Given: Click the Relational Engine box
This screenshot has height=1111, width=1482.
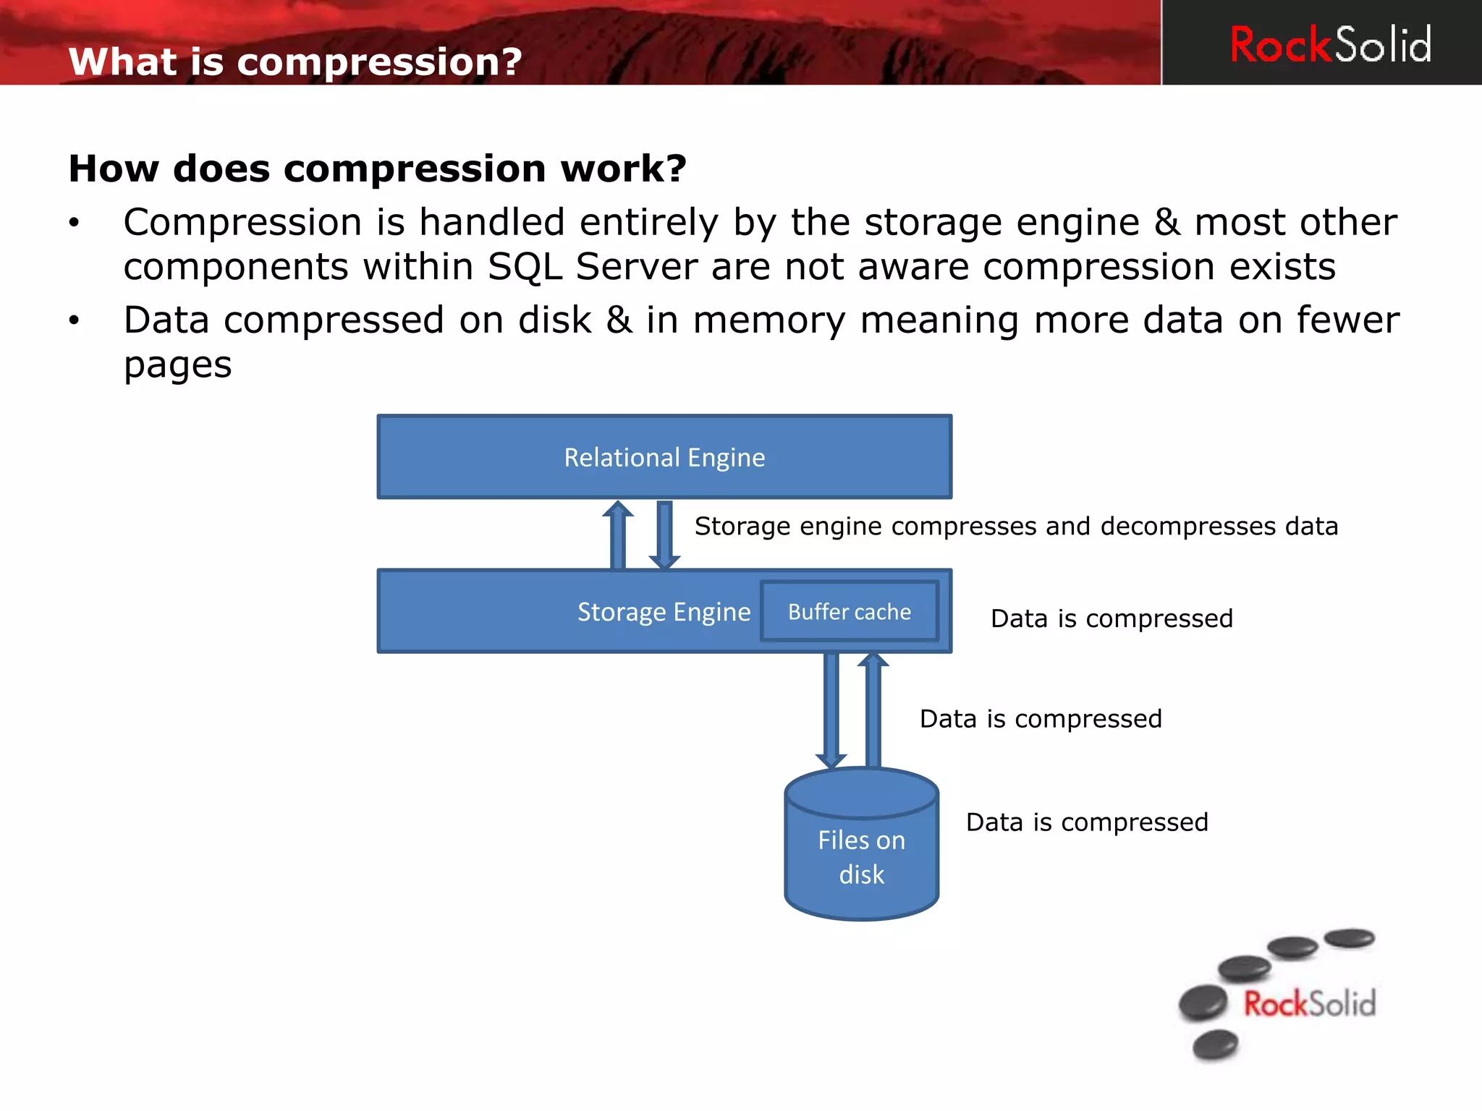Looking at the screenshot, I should [664, 457].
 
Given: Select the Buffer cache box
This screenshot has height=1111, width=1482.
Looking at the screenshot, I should [850, 612].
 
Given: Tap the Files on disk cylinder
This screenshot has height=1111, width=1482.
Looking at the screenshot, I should [861, 854].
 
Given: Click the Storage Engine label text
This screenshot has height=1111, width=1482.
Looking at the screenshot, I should [664, 613].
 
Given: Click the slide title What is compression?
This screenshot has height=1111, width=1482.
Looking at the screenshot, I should [295, 61].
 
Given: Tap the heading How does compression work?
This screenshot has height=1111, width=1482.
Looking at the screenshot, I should [377, 169].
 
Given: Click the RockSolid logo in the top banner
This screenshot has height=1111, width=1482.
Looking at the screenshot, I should [1330, 44].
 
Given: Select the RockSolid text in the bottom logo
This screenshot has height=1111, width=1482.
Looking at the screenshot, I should [1309, 1004].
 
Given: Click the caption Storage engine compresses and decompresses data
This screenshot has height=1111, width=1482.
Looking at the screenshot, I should [1016, 527].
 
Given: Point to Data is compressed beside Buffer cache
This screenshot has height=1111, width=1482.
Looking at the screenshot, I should [1111, 619].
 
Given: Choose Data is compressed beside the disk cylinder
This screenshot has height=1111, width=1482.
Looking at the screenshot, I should [1087, 822].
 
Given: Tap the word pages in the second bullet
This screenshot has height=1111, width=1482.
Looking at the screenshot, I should [178, 365].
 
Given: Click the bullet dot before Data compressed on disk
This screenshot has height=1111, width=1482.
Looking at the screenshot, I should [74, 320].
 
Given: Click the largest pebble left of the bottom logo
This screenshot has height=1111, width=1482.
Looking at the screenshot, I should [1203, 1003].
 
